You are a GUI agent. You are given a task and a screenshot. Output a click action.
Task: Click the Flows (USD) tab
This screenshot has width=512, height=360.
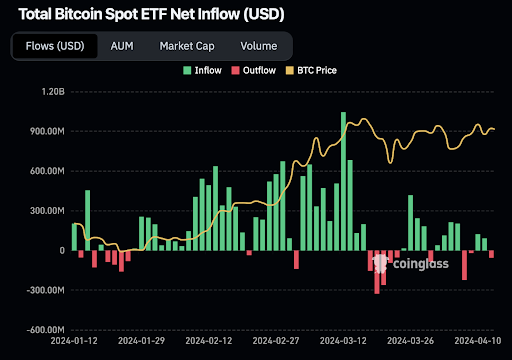[x=55, y=46]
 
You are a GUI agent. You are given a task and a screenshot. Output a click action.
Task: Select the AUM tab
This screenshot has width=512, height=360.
[x=122, y=46]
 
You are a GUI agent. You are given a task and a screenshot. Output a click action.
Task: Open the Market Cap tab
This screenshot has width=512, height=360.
[x=187, y=46]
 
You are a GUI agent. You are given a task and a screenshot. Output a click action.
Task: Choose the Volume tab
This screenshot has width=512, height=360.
[x=259, y=46]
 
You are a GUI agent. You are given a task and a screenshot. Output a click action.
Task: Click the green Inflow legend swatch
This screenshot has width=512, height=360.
[x=187, y=70]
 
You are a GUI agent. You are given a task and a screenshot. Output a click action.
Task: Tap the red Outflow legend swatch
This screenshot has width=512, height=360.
[x=235, y=70]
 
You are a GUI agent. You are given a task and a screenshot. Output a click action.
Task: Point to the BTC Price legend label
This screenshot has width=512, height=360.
[x=317, y=70]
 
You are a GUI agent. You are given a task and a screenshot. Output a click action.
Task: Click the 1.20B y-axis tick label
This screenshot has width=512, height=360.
[x=53, y=92]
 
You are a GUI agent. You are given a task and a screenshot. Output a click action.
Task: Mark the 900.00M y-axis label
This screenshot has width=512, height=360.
[x=47, y=131]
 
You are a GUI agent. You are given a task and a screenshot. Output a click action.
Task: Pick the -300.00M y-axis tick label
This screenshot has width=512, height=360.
[x=45, y=290]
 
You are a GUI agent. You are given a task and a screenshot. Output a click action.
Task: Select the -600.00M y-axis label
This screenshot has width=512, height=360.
[x=45, y=330]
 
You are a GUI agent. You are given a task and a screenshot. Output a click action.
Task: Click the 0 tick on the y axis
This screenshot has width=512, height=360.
[x=62, y=251]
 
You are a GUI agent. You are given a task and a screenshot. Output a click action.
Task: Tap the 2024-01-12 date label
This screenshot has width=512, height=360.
[x=74, y=341]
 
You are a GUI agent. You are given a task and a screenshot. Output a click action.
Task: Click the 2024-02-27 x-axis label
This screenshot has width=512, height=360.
[x=276, y=341]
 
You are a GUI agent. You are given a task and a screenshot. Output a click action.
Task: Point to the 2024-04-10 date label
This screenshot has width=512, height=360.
[x=478, y=341]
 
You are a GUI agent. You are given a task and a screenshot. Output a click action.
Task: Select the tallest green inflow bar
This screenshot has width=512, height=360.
[x=343, y=181]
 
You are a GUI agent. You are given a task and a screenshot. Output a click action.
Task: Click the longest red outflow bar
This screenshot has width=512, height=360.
[x=377, y=272]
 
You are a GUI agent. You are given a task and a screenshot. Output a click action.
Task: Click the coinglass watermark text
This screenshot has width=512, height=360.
[x=421, y=264]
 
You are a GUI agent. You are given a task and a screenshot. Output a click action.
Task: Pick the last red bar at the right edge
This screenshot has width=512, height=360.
[x=491, y=254]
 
